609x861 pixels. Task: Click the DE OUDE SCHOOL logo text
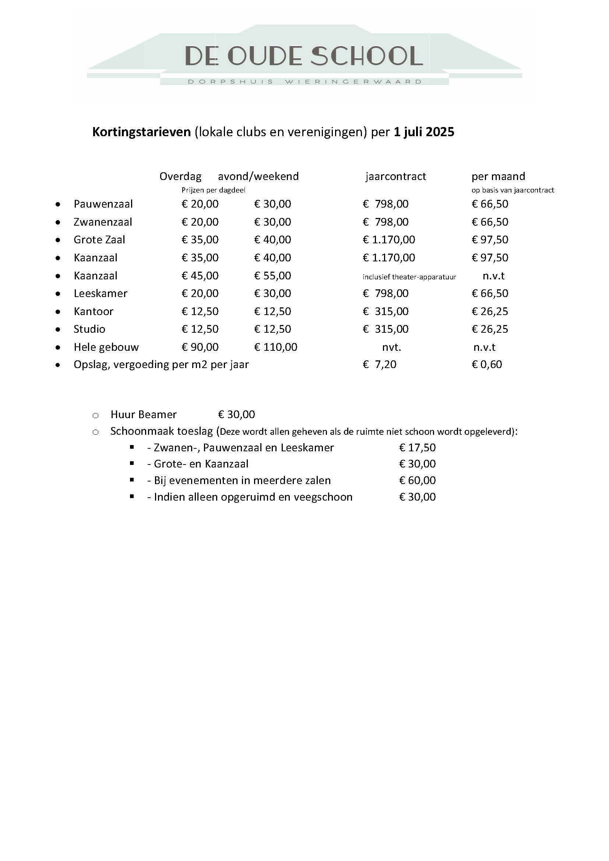coord(304,56)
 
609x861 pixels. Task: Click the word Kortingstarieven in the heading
coord(141,132)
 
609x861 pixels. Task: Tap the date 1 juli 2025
coord(424,132)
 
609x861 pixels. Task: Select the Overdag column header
coord(180,176)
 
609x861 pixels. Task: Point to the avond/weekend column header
coord(258,176)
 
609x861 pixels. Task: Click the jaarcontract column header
coord(395,176)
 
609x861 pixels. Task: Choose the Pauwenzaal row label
coord(103,204)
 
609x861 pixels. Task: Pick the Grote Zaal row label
coord(99,240)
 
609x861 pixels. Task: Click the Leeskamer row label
coord(101,293)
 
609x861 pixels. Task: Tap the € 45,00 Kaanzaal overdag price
coord(200,276)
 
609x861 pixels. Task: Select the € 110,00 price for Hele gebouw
coord(276,347)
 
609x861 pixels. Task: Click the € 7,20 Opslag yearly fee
coord(380,364)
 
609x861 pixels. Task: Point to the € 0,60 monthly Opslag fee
coord(487,364)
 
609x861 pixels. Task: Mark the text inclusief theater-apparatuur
coord(409,277)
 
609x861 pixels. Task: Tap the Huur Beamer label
coord(143,414)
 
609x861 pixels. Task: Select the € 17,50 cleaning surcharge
coord(418,448)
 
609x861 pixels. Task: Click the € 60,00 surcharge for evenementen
coord(418,480)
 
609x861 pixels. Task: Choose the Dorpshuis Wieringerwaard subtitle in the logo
coord(304,82)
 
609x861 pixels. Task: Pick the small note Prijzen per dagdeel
coord(213,190)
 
